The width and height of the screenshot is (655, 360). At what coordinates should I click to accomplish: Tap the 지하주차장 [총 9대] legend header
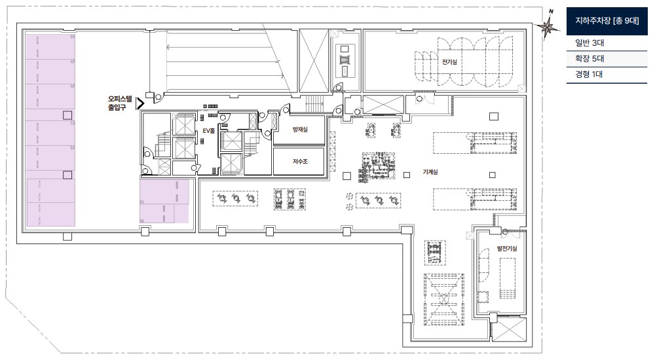point(607,21)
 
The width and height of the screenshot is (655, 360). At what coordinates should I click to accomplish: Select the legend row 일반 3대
point(589,43)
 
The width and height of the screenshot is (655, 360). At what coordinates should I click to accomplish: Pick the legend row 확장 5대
point(589,58)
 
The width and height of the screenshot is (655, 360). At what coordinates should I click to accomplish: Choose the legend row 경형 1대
point(589,75)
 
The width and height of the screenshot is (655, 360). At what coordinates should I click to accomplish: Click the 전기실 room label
point(449,62)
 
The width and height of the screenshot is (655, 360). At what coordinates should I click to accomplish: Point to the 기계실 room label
point(430,171)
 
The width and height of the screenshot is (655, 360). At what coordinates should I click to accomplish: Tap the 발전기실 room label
point(507,248)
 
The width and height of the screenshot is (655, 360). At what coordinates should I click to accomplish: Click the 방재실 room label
point(300,130)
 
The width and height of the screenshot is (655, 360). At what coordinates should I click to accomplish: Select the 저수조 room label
point(300,161)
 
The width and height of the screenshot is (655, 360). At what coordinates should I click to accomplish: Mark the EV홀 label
point(208,131)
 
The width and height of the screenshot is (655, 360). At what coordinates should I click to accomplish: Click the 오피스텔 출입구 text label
point(119,103)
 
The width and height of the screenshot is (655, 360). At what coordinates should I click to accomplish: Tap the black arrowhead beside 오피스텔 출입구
point(140,103)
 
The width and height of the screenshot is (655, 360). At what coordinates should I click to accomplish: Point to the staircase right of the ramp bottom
point(315,104)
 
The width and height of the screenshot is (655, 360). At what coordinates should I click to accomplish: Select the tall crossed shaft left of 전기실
point(314,61)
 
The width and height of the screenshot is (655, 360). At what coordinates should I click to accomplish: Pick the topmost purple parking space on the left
point(50,46)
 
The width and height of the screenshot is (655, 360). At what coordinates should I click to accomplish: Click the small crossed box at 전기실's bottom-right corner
point(521,88)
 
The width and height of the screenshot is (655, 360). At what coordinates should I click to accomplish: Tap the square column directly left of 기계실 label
point(407,175)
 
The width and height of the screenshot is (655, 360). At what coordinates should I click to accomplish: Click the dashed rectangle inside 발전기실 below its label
point(508,278)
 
